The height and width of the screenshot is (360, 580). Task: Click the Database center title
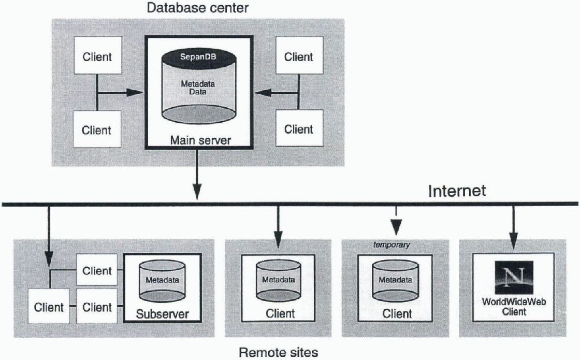click(197, 8)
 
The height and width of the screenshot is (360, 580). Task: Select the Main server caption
click(198, 140)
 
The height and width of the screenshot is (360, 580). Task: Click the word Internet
click(457, 191)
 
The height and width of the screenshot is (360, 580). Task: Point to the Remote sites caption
click(278, 352)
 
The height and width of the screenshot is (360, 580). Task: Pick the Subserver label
click(162, 313)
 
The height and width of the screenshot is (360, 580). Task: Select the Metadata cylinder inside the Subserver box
click(162, 282)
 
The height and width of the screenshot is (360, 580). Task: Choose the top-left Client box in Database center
click(97, 56)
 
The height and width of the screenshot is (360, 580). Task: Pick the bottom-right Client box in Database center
click(298, 129)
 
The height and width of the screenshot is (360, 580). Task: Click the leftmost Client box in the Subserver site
click(49, 307)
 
